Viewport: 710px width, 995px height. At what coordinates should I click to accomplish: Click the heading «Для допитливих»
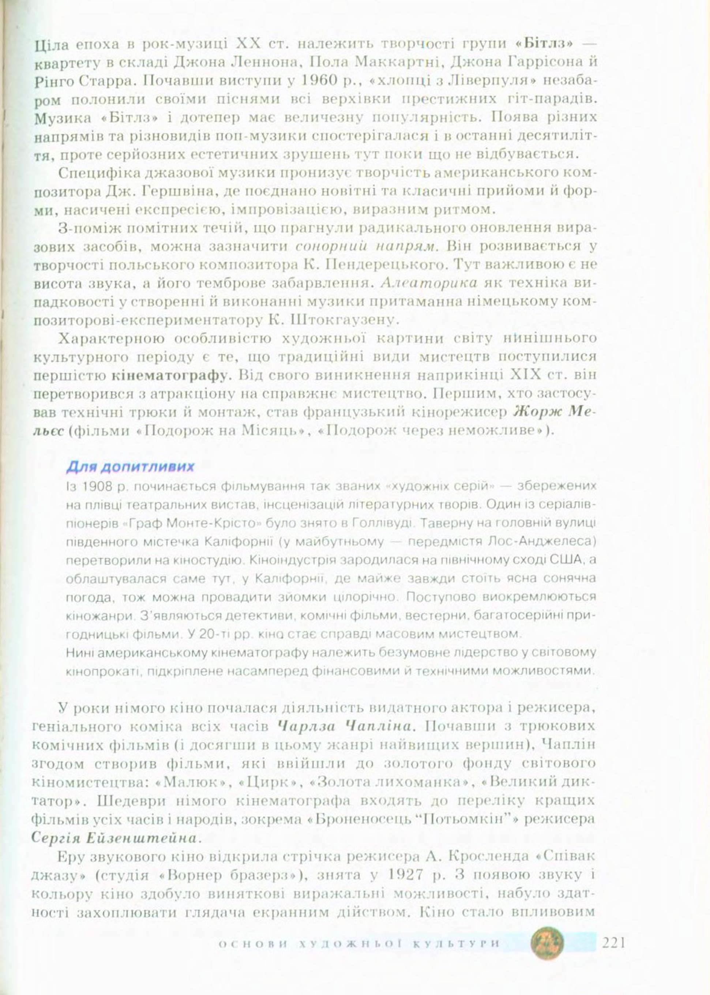[x=130, y=467]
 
